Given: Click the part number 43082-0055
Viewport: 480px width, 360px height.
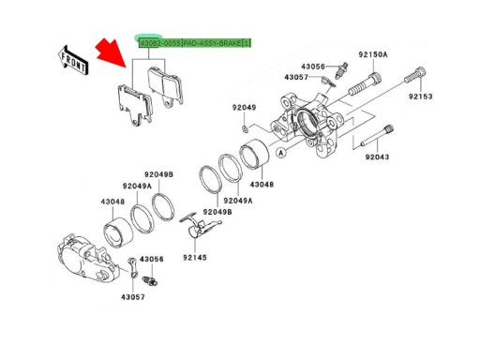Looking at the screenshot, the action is pyautogui.click(x=160, y=43).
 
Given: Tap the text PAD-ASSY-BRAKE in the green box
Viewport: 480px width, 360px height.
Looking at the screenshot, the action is pyautogui.click(x=212, y=43).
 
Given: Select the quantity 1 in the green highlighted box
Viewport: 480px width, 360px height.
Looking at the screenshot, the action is pyautogui.click(x=247, y=43).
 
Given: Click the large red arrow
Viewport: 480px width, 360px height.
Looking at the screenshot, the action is pyautogui.click(x=112, y=52).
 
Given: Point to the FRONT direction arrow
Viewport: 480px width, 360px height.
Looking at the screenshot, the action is pyautogui.click(x=74, y=61).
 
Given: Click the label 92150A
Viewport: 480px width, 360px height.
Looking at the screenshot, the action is pyautogui.click(x=372, y=54).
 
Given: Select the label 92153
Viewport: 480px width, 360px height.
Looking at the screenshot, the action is pyautogui.click(x=421, y=97).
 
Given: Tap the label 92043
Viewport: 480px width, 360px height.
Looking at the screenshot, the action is pyautogui.click(x=377, y=157).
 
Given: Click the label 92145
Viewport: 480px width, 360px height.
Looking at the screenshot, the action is pyautogui.click(x=195, y=258).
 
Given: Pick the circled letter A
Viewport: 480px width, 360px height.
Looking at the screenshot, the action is pyautogui.click(x=281, y=153).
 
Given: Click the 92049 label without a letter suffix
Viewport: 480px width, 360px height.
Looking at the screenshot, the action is pyautogui.click(x=244, y=108).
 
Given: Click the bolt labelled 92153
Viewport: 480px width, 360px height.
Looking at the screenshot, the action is pyautogui.click(x=415, y=75).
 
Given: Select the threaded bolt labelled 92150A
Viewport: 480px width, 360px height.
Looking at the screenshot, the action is pyautogui.click(x=365, y=83).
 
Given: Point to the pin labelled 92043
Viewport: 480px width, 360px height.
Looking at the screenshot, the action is pyautogui.click(x=377, y=136).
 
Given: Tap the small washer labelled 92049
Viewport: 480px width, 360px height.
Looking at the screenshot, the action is pyautogui.click(x=246, y=128).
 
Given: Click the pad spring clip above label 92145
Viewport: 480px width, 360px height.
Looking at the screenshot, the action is pyautogui.click(x=200, y=227).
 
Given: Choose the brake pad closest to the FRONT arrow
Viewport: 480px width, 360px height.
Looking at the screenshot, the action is pyautogui.click(x=135, y=105).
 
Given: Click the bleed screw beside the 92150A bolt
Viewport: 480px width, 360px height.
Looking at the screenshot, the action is pyautogui.click(x=341, y=70).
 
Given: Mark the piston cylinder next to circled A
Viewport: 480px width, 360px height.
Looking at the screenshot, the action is pyautogui.click(x=254, y=153).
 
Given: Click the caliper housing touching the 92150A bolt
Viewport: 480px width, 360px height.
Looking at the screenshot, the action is pyautogui.click(x=307, y=125).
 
